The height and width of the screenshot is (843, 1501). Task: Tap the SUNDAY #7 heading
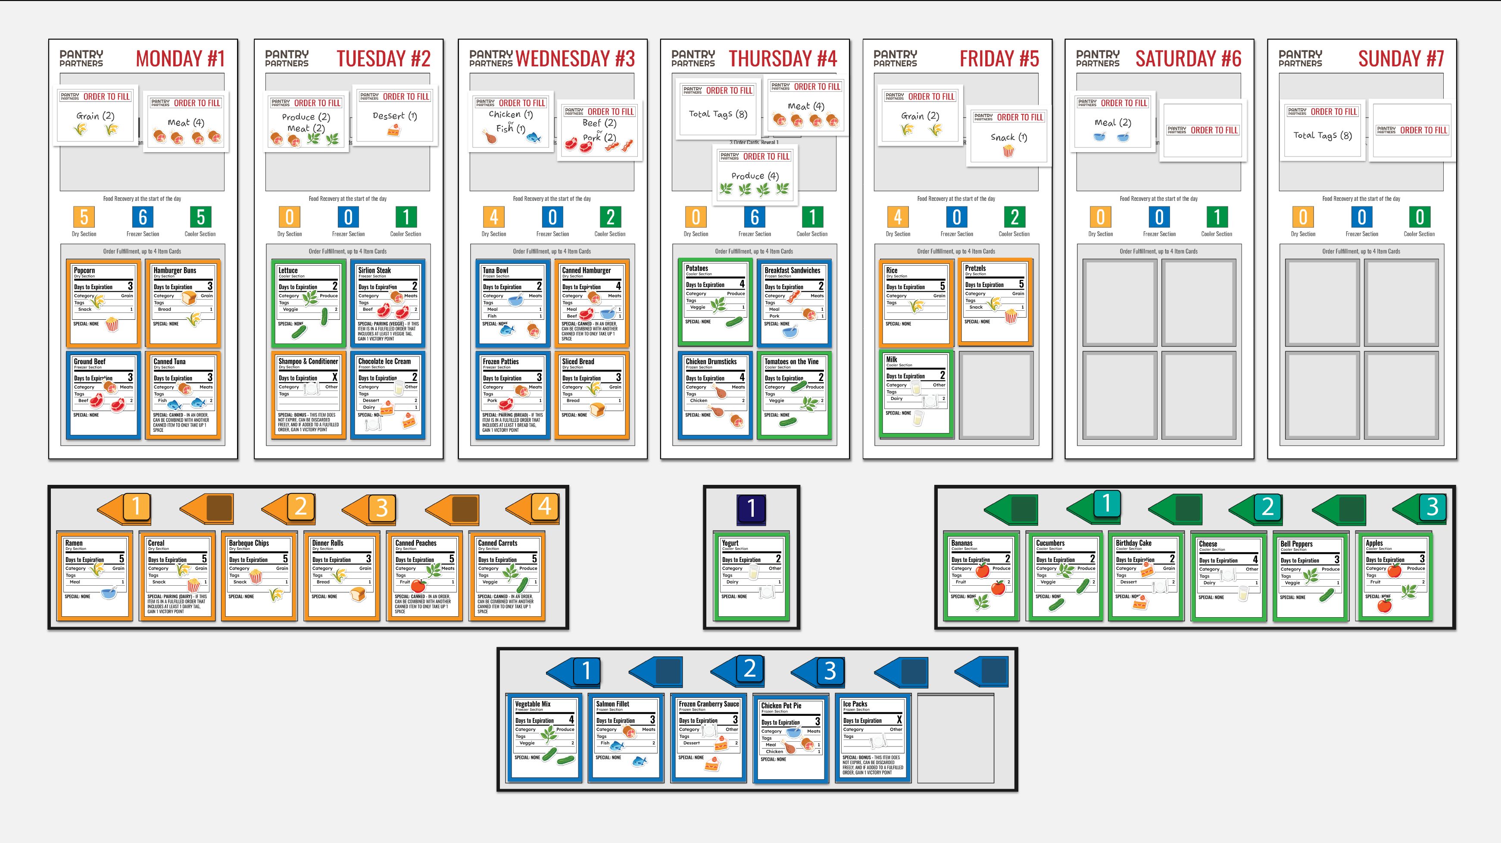[x=1400, y=59]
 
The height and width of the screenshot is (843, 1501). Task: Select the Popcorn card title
[x=84, y=270]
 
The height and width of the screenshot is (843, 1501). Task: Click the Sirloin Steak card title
[x=374, y=270]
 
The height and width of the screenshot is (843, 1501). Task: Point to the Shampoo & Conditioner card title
[x=308, y=361]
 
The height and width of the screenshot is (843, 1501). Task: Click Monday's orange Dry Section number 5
[x=84, y=217]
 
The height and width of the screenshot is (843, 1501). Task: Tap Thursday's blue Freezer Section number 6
[x=754, y=217]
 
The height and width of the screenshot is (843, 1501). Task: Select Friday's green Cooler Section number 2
[x=1014, y=217]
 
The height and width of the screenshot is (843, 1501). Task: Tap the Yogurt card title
[x=730, y=543]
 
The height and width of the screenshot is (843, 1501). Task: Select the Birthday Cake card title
[x=1133, y=543]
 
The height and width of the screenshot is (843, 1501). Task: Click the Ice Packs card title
[x=855, y=704]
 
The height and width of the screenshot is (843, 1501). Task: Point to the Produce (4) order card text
[x=755, y=176]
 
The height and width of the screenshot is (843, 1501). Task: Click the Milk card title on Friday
[x=892, y=359]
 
